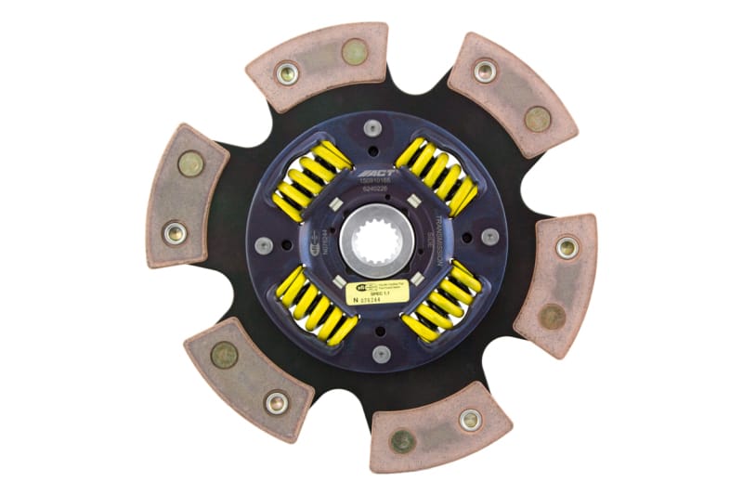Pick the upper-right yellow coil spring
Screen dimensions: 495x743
(x=437, y=175)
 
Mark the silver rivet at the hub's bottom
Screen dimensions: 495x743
(x=379, y=353)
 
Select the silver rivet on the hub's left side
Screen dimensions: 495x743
(x=264, y=245)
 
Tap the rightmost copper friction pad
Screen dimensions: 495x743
(x=556, y=284)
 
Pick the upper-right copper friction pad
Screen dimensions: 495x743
(x=511, y=93)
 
